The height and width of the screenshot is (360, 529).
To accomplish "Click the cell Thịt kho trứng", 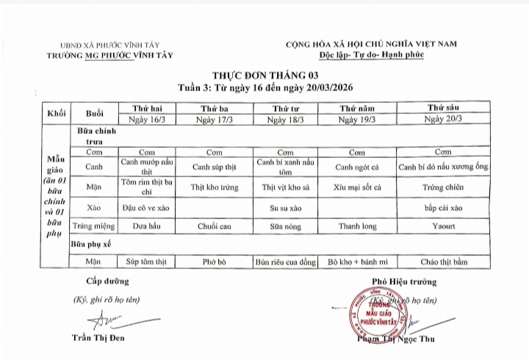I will coord(215,187).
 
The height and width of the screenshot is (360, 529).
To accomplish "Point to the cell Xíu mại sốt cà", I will coord(356,187).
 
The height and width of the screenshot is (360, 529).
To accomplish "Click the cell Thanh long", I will coord(356,227).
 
